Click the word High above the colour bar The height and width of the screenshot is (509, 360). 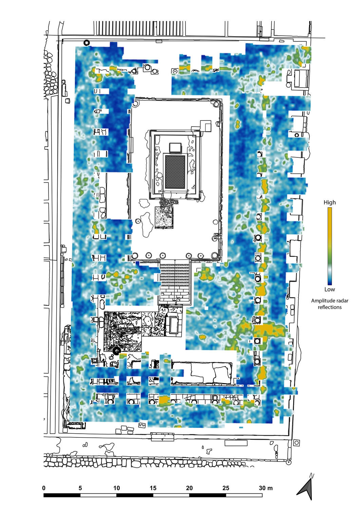[329, 202]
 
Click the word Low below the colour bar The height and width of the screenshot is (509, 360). [329, 289]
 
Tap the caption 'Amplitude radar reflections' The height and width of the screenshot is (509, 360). [329, 304]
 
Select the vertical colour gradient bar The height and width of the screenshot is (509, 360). [329, 246]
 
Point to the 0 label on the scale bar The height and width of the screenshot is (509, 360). [44, 488]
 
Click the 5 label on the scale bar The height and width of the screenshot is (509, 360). [80, 488]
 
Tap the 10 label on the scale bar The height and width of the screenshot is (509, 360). [117, 488]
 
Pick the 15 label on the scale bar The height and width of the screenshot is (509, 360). [153, 488]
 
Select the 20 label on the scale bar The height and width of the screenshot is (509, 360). [189, 488]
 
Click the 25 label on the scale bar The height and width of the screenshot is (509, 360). [226, 488]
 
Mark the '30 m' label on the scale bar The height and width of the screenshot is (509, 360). [266, 488]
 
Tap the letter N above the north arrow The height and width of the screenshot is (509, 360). [311, 476]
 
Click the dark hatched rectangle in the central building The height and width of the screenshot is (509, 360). [175, 172]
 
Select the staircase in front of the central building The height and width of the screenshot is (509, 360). [175, 281]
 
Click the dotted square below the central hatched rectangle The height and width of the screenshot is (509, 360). [164, 217]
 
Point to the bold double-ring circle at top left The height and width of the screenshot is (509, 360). [87, 42]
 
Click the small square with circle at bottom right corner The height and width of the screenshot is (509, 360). [296, 442]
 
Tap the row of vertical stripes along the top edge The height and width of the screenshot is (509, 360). [140, 28]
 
